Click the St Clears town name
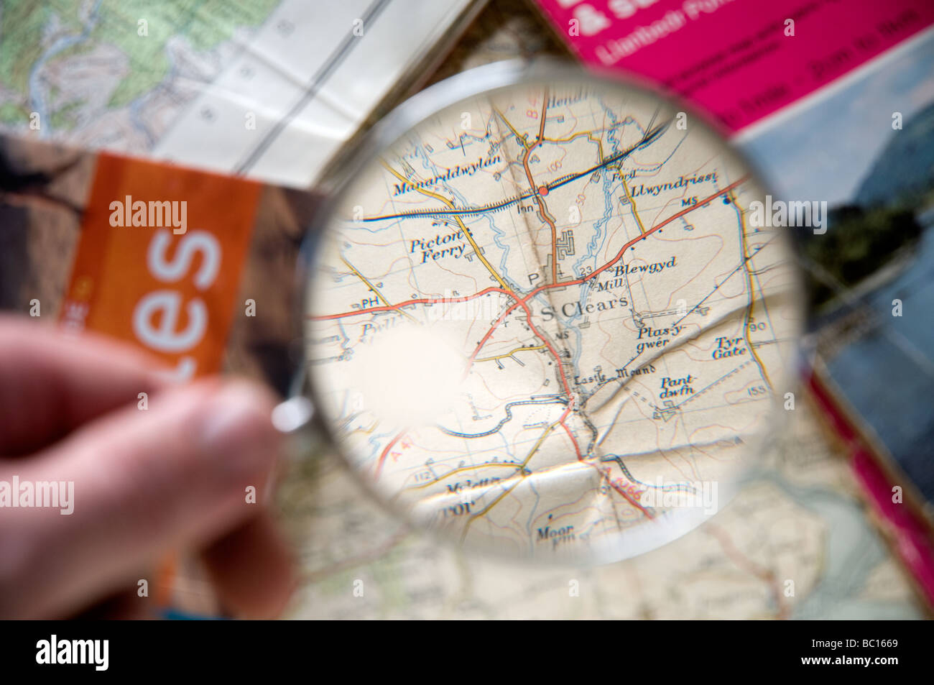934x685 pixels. [x=584, y=314]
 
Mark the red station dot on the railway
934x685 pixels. [x=544, y=191]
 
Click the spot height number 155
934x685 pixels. [x=754, y=390]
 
